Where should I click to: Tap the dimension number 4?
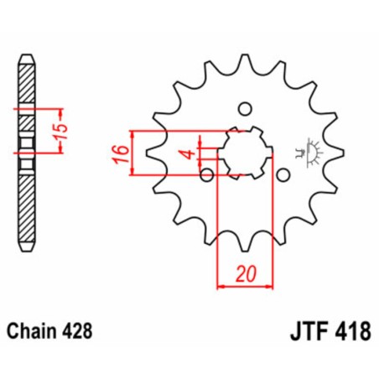click(x=190, y=153)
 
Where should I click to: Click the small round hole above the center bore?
click(x=245, y=108)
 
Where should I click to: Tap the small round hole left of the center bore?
click(x=206, y=174)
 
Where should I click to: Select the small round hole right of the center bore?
click(x=283, y=174)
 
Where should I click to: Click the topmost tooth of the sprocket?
click(x=244, y=61)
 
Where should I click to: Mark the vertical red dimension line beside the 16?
click(x=133, y=153)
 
